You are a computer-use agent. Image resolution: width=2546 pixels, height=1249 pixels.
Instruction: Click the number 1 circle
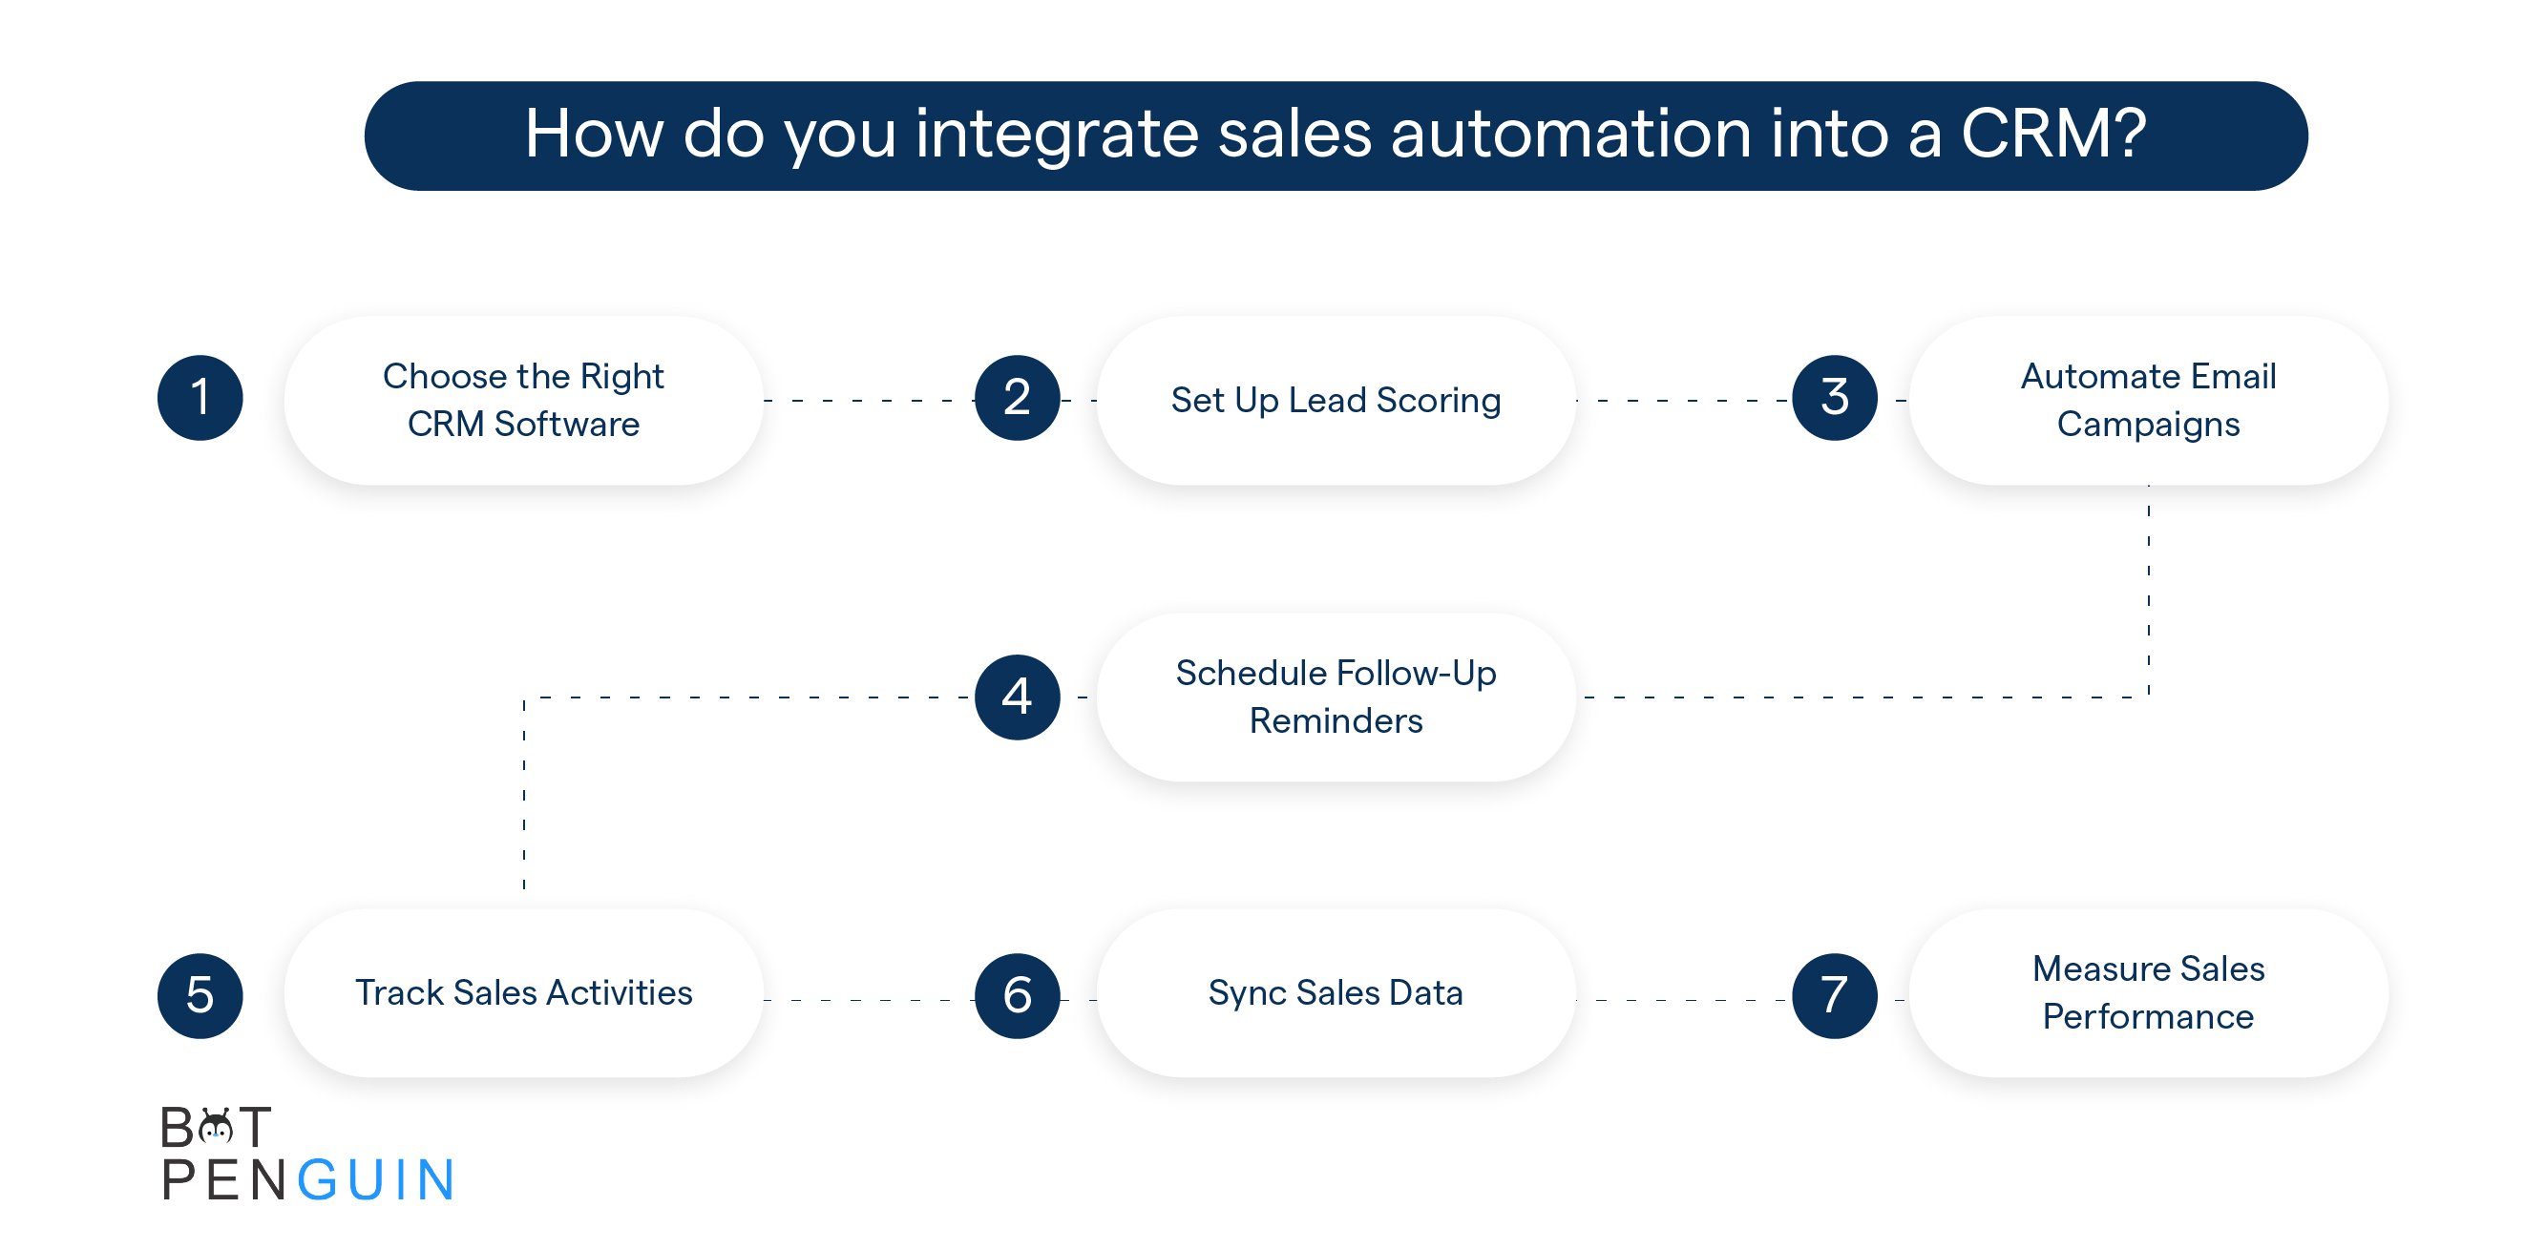(200, 398)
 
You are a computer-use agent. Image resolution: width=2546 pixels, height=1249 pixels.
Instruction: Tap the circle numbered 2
(1017, 398)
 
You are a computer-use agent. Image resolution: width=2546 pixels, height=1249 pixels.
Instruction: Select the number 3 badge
(1835, 398)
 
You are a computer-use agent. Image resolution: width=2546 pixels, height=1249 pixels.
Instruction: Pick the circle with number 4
(1017, 697)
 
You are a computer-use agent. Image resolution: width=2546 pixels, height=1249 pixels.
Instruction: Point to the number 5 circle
(200, 995)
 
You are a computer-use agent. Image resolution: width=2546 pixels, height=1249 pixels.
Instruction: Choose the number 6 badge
(1017, 995)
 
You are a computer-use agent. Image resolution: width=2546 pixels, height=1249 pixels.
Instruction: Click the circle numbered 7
(1835, 995)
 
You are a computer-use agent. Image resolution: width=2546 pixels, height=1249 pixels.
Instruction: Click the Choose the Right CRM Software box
(524, 400)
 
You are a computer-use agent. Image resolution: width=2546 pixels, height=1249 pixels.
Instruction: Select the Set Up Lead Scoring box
(1336, 400)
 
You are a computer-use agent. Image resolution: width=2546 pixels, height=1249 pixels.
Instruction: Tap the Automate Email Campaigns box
(2149, 400)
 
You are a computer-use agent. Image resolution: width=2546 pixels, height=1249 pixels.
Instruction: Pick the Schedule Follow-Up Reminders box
(1336, 697)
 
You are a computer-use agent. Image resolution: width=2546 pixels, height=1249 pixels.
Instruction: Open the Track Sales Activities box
(524, 993)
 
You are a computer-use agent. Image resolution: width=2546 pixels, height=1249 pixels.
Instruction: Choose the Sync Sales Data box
(1336, 993)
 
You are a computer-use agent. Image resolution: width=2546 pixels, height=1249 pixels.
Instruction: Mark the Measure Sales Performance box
(2149, 993)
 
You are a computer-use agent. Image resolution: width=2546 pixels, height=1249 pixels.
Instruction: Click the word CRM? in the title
(2053, 134)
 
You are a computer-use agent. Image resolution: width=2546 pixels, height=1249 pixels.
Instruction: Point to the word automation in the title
(1571, 134)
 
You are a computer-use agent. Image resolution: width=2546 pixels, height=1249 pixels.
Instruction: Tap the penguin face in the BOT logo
(216, 1127)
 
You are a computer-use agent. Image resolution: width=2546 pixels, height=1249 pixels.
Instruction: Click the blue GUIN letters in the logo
(375, 1180)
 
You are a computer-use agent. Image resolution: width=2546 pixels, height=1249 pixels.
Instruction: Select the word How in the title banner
(594, 134)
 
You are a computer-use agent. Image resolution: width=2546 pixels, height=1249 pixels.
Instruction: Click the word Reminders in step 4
(1336, 721)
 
